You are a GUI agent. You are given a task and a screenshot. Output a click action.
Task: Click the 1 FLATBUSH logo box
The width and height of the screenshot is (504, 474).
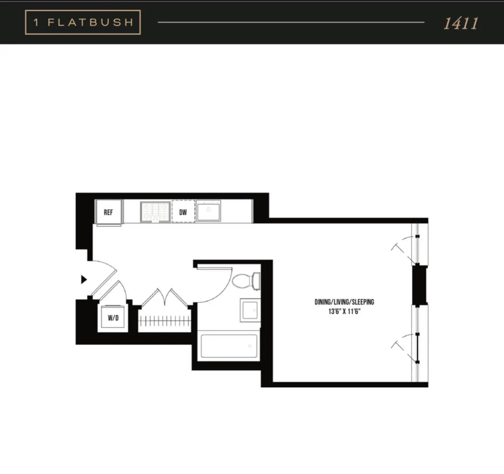[x=83, y=22]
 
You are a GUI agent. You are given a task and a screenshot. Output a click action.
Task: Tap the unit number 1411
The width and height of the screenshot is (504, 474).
[x=460, y=23]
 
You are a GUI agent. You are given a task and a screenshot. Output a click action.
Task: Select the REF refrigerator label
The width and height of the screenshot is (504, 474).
[x=108, y=212]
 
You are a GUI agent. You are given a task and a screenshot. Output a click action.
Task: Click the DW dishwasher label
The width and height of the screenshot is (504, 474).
[x=183, y=212]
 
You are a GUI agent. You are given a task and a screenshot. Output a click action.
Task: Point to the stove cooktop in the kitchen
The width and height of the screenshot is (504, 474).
[x=155, y=212]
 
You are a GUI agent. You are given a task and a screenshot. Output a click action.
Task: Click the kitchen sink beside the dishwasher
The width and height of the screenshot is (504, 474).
[x=208, y=211]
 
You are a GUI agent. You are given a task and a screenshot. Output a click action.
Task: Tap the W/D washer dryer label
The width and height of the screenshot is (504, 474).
[x=113, y=318]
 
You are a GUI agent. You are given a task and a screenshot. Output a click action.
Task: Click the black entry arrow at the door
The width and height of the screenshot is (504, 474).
[x=84, y=280]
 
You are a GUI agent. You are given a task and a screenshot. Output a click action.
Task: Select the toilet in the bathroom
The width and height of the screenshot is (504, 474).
[x=245, y=281]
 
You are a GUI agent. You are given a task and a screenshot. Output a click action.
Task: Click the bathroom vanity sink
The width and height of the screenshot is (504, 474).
[x=250, y=311]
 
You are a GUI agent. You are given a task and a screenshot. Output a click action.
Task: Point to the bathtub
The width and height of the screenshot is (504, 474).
[x=228, y=346]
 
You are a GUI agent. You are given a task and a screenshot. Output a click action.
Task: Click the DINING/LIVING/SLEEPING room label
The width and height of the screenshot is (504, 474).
[x=344, y=302]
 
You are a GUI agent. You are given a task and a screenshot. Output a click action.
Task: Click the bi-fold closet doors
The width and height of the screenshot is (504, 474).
[x=165, y=299]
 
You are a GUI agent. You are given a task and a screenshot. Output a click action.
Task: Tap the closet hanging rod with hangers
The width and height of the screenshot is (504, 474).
[x=165, y=322]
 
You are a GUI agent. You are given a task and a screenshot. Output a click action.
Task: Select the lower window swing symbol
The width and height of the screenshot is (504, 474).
[x=404, y=347]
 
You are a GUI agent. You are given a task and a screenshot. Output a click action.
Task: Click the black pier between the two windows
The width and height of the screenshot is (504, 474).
[x=419, y=284]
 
